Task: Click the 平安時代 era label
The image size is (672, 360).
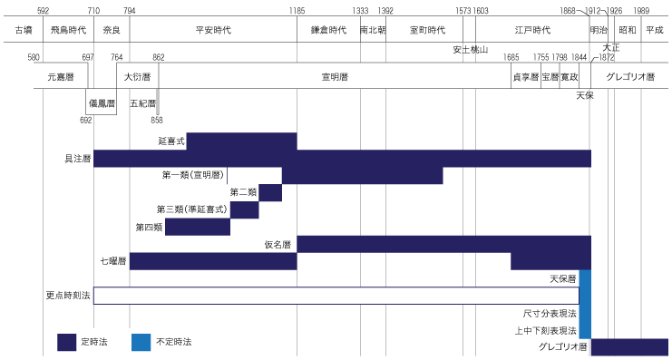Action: point(213,30)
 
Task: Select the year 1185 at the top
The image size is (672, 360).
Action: point(297,10)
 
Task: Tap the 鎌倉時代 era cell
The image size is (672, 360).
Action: point(327,30)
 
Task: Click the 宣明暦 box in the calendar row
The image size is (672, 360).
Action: point(335,78)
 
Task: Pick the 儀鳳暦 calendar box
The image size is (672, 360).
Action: point(102,102)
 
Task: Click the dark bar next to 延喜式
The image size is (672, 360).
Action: point(241,141)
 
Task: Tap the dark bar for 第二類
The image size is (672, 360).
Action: point(270,193)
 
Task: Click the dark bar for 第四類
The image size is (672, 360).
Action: point(197,227)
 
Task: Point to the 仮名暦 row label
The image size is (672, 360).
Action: point(277,244)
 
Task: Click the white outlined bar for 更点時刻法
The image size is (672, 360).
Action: point(336,296)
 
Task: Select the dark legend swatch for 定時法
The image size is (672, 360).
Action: point(68,342)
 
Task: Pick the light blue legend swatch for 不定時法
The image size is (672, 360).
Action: point(141,342)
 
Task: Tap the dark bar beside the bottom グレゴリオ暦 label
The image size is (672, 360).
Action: point(629,347)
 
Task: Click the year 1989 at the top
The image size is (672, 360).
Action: point(641,10)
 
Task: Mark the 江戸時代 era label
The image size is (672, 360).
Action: point(532,30)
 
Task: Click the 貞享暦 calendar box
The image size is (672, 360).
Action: point(526,78)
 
